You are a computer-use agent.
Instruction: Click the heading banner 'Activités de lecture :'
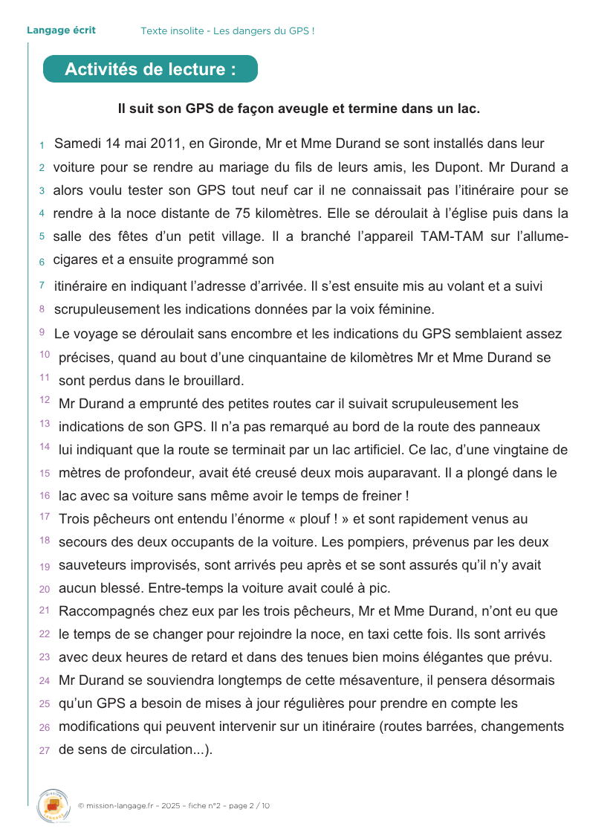(x=150, y=69)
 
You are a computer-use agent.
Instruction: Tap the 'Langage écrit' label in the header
(x=61, y=30)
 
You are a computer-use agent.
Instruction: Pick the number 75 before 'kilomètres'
(x=242, y=213)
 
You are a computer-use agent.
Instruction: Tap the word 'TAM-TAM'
(x=451, y=236)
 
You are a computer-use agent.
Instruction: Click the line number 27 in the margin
(x=45, y=750)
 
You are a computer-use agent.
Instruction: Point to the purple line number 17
(x=45, y=516)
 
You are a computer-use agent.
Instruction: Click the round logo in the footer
(x=52, y=805)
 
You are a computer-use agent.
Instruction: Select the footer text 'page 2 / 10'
(x=250, y=805)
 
